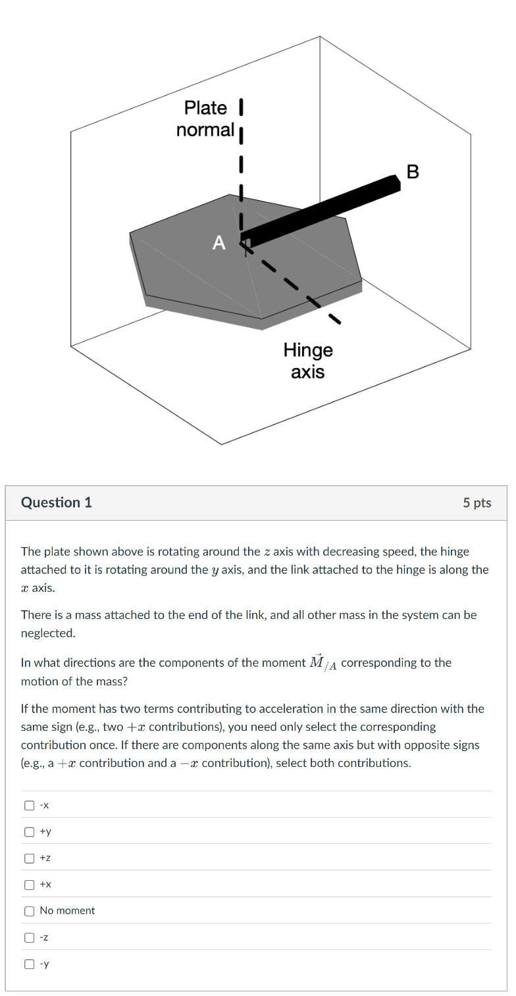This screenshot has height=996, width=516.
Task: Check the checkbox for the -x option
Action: tap(29, 804)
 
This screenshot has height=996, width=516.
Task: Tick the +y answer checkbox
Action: tap(29, 831)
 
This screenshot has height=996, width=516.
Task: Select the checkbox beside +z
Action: tap(29, 858)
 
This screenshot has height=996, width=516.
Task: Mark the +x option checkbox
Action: tap(29, 884)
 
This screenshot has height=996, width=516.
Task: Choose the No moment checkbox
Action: tap(29, 911)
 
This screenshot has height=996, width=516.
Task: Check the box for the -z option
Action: tap(29, 937)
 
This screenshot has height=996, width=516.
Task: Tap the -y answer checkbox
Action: tap(29, 964)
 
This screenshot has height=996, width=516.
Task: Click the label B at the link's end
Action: tap(413, 172)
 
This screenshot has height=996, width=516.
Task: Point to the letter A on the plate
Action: tap(219, 244)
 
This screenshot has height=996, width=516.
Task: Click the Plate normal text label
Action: tap(205, 119)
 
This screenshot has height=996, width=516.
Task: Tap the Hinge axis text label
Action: tap(308, 361)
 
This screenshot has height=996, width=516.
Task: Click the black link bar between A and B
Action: tap(322, 209)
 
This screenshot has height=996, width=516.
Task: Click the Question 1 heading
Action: tap(57, 502)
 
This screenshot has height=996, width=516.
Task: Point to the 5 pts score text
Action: tap(477, 503)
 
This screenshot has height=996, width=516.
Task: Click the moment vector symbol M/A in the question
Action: tap(323, 662)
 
